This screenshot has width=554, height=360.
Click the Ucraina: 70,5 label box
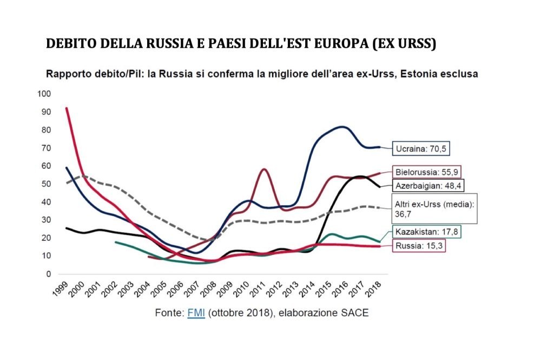423,148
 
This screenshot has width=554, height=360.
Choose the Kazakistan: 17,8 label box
428,232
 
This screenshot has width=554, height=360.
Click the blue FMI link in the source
196,313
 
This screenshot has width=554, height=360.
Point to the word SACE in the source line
355,313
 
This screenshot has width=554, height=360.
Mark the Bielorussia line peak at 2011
263,169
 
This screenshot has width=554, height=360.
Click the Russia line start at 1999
66,108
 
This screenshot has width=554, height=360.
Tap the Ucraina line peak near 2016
342,127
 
